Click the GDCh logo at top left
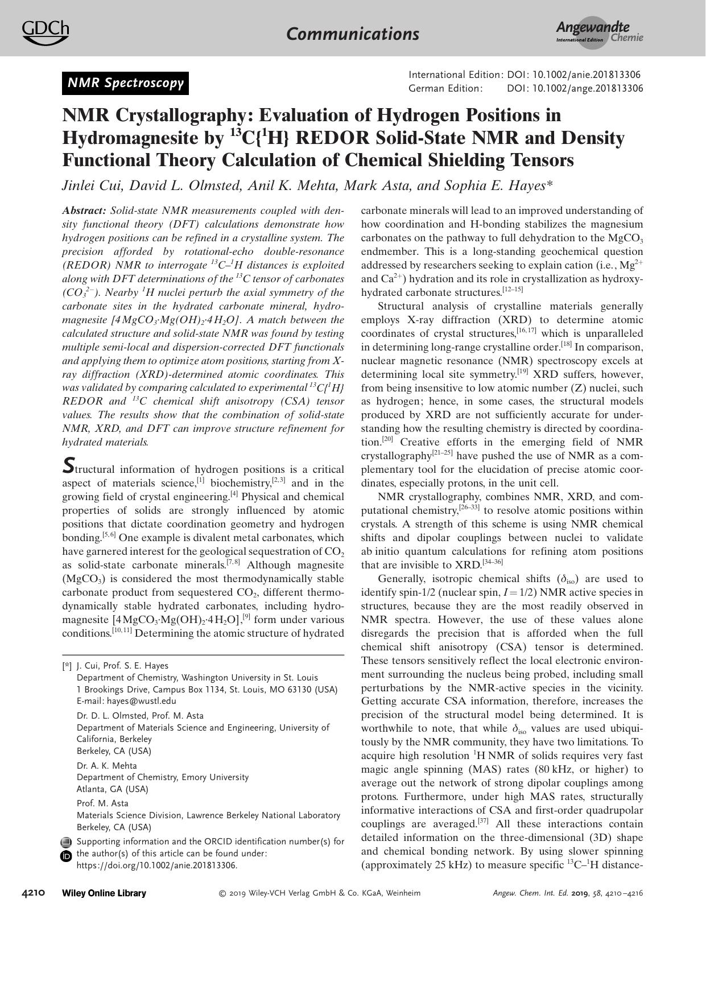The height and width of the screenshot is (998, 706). click(46, 32)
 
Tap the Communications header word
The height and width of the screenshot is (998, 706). click(353, 34)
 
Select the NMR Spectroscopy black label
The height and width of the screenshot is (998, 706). click(126, 83)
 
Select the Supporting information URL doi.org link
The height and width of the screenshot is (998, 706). click(156, 865)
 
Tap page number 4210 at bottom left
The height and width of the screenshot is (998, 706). click(34, 893)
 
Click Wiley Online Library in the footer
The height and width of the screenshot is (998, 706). click(104, 893)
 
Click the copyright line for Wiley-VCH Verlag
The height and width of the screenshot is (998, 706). click(320, 893)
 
